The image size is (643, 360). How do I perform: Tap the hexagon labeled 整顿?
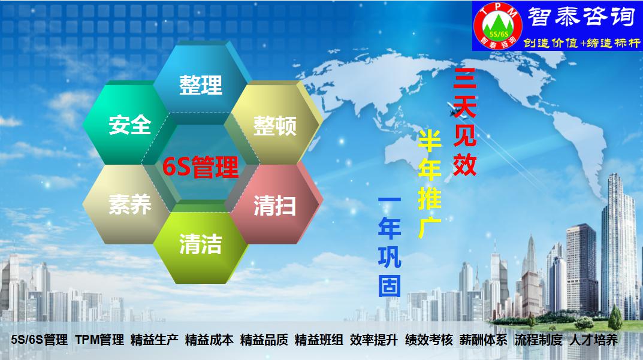pyautogui.click(x=274, y=123)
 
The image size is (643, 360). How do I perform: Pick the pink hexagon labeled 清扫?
pyautogui.click(x=274, y=204)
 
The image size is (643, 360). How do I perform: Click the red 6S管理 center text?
pyautogui.click(x=200, y=167)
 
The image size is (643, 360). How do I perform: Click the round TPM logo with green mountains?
pyautogui.click(x=497, y=25)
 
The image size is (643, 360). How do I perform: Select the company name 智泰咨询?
pyautogui.click(x=581, y=17)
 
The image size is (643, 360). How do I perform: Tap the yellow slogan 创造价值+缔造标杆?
pyautogui.click(x=582, y=43)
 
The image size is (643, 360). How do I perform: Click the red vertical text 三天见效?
pyautogui.click(x=464, y=122)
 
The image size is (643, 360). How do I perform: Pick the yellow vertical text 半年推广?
pyautogui.click(x=429, y=184)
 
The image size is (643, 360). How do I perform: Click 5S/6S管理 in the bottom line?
pyautogui.click(x=40, y=340)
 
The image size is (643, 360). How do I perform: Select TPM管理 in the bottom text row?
pyautogui.click(x=99, y=340)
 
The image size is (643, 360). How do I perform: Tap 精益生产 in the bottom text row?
pyautogui.click(x=155, y=340)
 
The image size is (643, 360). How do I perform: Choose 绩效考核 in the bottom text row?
pyautogui.click(x=429, y=340)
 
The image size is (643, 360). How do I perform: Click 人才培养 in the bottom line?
pyautogui.click(x=593, y=340)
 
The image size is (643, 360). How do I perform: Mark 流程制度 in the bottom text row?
pyautogui.click(x=539, y=340)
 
